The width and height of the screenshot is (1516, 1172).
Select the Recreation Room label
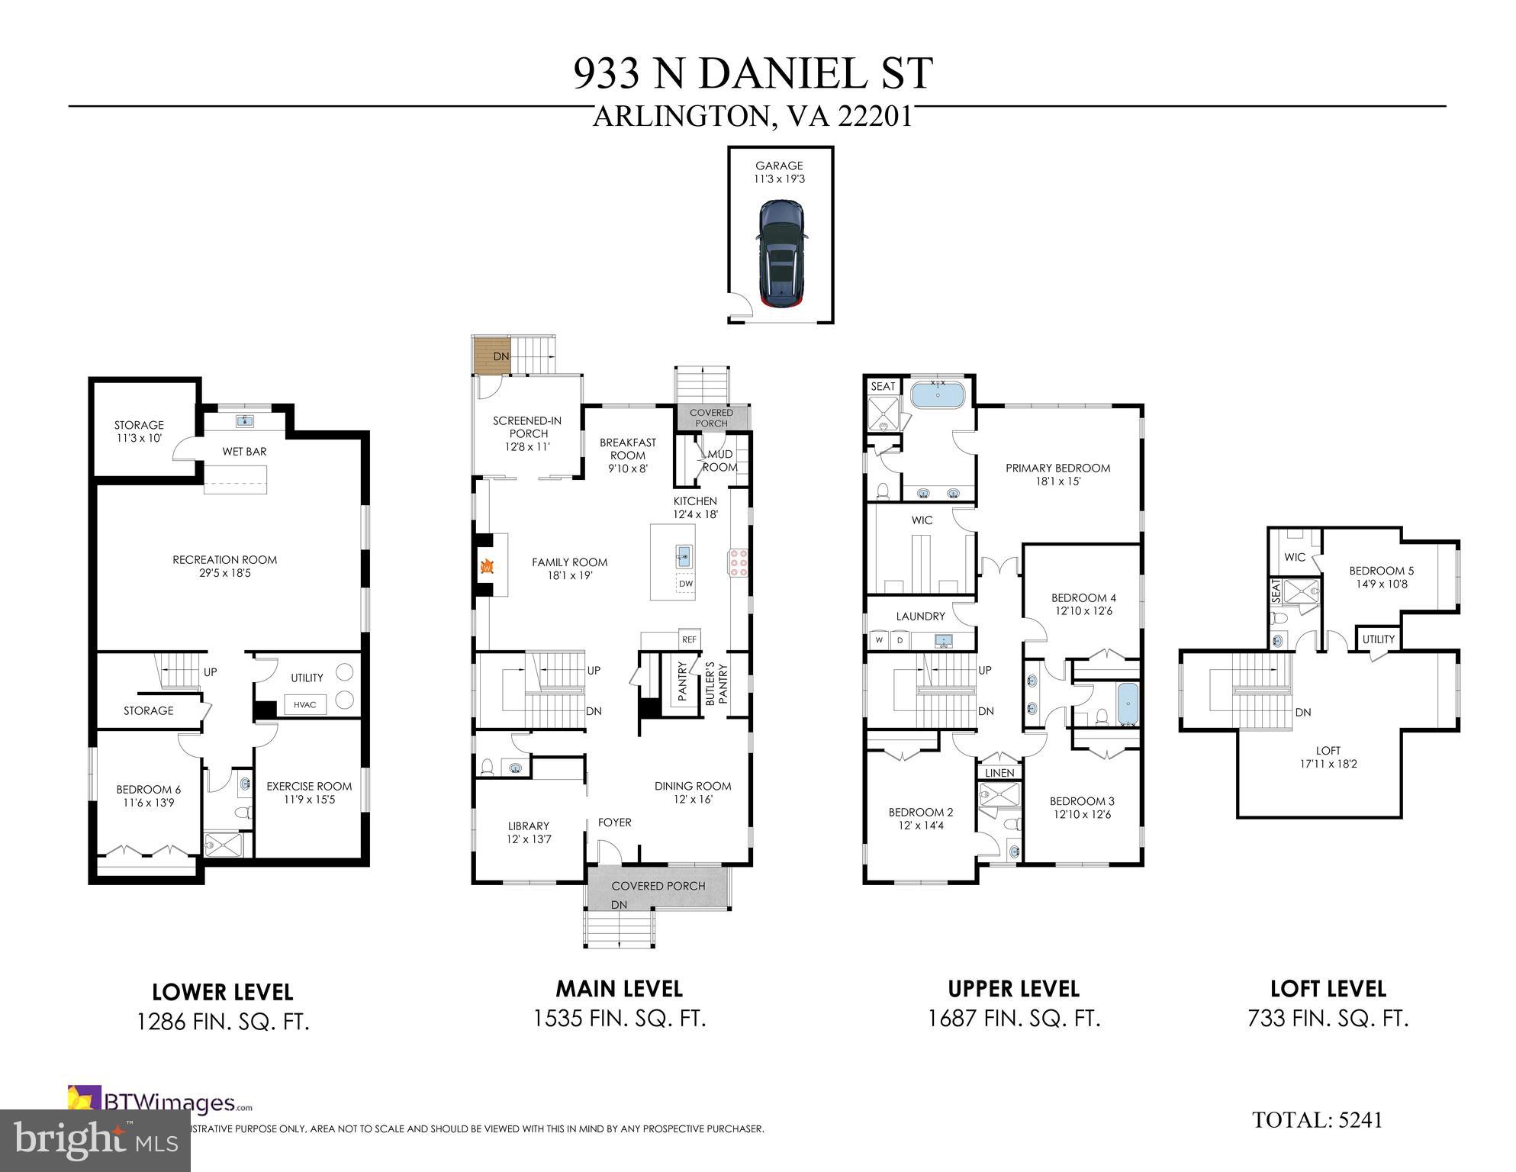click(224, 566)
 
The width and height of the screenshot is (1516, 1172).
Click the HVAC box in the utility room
click(304, 704)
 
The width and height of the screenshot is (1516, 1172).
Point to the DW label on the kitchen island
click(686, 584)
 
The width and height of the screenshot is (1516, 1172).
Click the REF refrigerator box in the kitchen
click(689, 639)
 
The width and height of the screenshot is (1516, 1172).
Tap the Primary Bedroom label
click(1057, 475)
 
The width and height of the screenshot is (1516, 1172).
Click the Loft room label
click(1328, 757)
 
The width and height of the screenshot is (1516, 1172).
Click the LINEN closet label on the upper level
click(999, 773)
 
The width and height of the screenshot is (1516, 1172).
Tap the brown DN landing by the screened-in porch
click(491, 356)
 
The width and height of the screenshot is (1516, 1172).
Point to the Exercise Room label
click(309, 793)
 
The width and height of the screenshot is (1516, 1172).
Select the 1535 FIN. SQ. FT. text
click(619, 1019)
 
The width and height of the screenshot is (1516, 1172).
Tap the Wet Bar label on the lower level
click(244, 452)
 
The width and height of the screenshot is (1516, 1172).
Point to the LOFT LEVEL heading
click(1328, 989)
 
